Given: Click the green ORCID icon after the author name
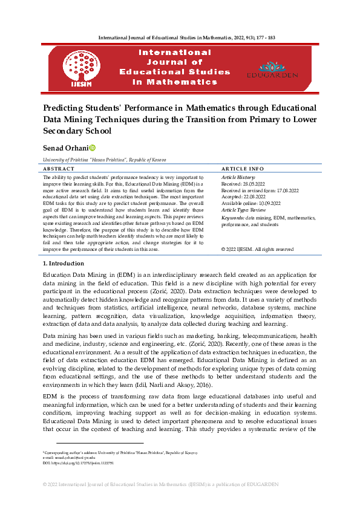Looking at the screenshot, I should [93, 148].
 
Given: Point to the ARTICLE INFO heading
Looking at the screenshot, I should [243, 169].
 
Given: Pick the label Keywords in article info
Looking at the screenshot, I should [233, 216].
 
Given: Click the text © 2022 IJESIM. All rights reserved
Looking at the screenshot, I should [258, 249].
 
